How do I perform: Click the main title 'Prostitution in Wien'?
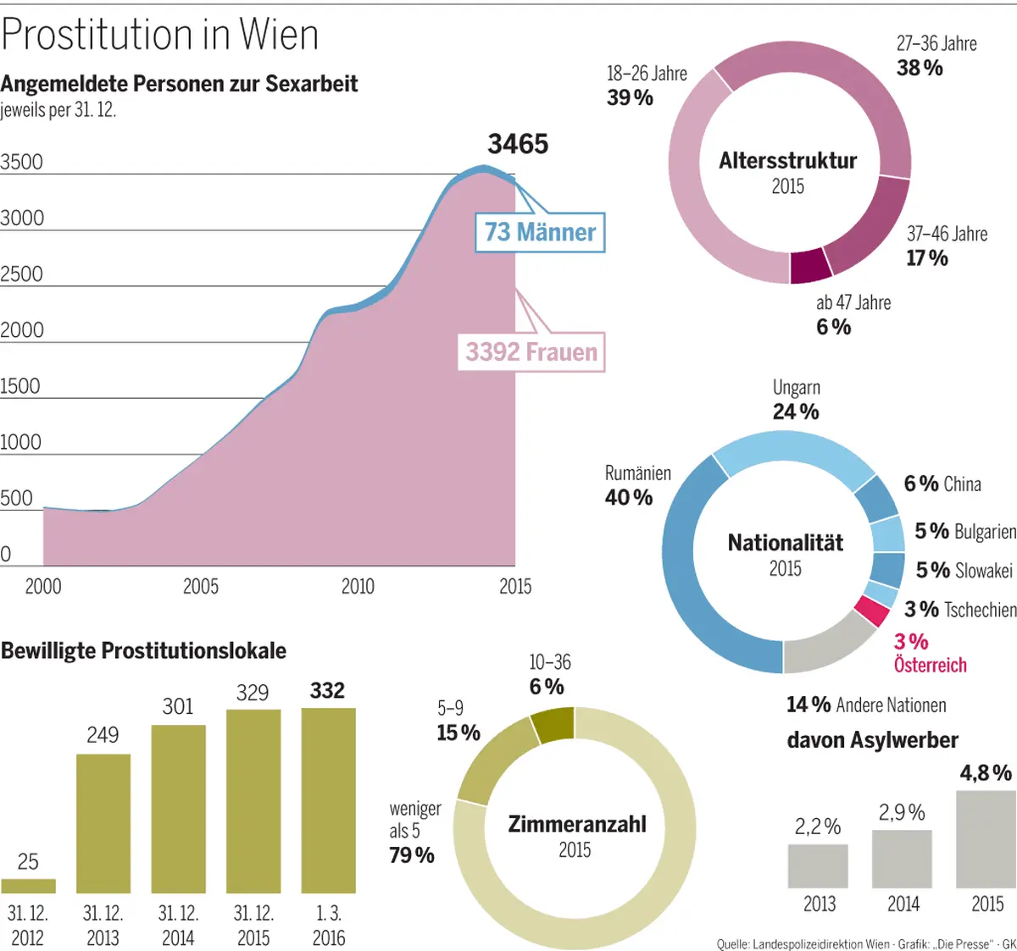[160, 35]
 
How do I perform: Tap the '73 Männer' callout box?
[540, 232]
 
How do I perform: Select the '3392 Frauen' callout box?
[531, 351]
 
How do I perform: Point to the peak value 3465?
[518, 144]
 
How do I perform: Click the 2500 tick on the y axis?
[21, 274]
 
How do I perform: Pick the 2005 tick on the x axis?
[201, 586]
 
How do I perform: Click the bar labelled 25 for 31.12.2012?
[28, 886]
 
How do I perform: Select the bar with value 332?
[328, 800]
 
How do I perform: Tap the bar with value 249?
[103, 823]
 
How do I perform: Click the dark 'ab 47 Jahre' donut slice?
[810, 266]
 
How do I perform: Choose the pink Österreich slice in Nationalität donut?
[871, 610]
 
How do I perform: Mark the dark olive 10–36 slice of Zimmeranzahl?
[553, 725]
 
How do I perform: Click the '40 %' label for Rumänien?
[628, 498]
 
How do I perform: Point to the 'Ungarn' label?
[796, 388]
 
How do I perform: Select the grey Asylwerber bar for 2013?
[818, 865]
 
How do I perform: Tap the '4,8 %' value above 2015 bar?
[986, 773]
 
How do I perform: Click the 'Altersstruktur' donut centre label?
[787, 161]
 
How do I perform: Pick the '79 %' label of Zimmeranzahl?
[412, 855]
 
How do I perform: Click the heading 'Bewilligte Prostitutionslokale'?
[143, 650]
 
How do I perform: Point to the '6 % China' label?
[942, 484]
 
